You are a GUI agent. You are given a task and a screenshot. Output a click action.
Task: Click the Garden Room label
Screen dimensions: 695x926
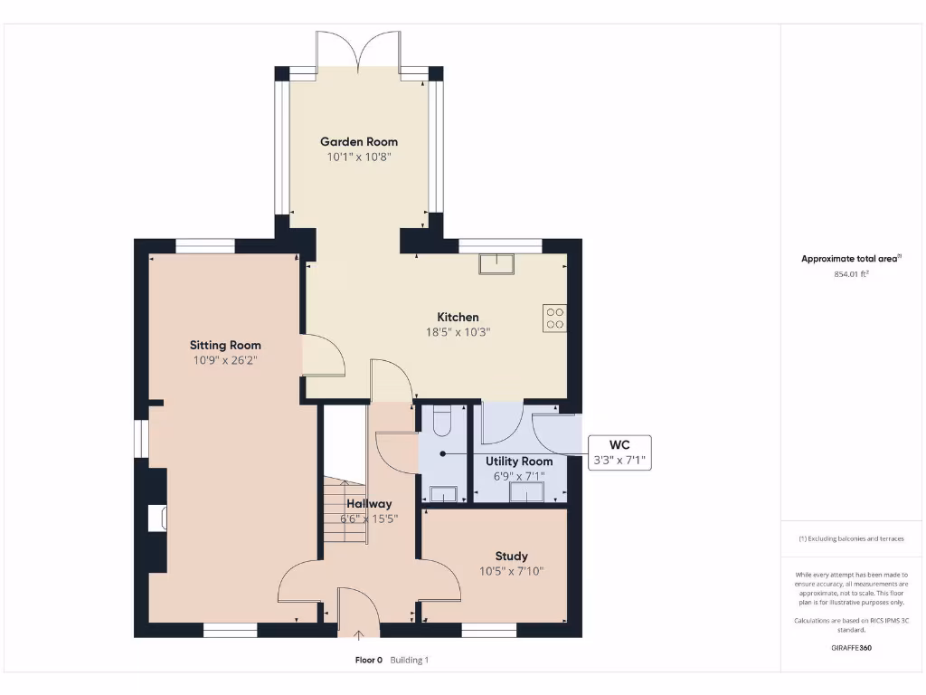pos(359,142)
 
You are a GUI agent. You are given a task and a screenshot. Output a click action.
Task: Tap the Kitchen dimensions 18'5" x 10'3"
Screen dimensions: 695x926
pos(458,332)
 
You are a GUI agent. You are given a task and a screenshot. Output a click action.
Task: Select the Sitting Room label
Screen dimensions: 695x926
pos(225,345)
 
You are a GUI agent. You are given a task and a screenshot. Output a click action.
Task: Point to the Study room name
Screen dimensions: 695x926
pos(511,556)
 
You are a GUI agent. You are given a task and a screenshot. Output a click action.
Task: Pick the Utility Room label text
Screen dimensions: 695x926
pos(519,462)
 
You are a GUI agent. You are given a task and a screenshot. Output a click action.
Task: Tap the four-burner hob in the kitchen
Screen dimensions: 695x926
pos(554,318)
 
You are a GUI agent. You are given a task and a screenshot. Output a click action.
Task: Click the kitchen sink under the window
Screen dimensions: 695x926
pos(496,263)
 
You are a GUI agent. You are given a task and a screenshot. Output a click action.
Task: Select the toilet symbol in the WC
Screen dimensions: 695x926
pos(442,421)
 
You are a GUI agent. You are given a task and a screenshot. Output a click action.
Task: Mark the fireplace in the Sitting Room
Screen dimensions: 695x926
pos(157,518)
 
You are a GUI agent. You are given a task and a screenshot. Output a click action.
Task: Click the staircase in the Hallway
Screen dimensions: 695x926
pos(345,511)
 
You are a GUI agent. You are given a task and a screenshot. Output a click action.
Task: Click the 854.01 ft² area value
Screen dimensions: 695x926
pos(851,273)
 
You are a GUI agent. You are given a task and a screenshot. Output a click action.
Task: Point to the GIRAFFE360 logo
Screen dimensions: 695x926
pos(851,648)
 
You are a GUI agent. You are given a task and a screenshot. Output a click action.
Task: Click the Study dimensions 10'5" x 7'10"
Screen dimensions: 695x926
pos(511,571)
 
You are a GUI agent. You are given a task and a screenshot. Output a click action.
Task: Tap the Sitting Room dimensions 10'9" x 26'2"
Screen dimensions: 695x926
pos(225,360)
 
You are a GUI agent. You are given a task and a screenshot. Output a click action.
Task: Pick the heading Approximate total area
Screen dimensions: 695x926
pos(849,259)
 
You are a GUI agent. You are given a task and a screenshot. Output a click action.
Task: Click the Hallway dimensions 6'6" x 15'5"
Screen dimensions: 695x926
pos(369,519)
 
